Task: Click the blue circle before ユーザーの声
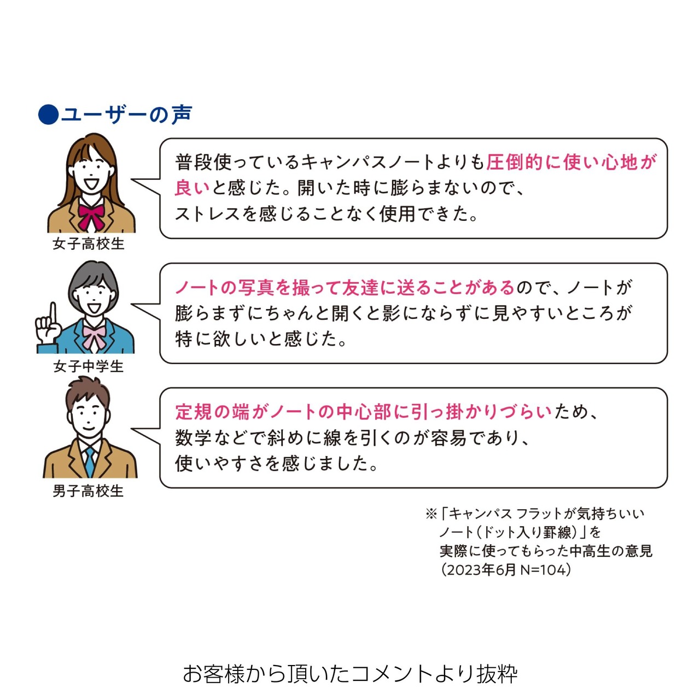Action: point(48,114)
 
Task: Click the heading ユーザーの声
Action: point(126,114)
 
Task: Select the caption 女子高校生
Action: point(89,244)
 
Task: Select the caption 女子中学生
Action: point(89,366)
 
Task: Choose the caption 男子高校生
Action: point(88,491)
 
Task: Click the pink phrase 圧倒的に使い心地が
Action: point(572,162)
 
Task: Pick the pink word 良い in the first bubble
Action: point(192,188)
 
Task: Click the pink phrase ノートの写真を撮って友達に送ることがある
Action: point(345,287)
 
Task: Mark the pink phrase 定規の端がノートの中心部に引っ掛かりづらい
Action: point(364,412)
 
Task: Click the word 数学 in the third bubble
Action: point(193,438)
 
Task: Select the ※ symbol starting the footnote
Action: point(432,514)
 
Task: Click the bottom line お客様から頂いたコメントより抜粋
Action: point(350,675)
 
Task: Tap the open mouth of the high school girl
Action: point(91,183)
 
